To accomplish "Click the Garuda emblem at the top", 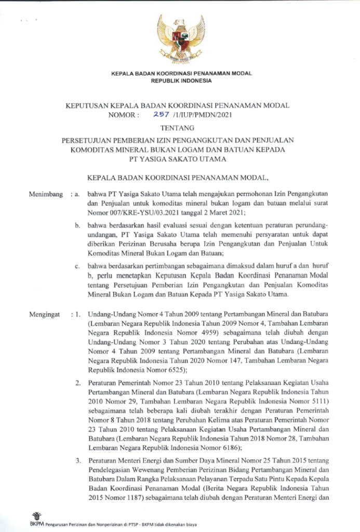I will click(181, 39).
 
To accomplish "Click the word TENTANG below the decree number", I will click(181, 127).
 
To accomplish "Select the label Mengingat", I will click(44, 314).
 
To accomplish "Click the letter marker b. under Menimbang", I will click(77, 225).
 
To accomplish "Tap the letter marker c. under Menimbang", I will click(77, 267).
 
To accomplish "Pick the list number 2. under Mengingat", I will click(77, 383).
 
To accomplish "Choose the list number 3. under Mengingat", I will click(77, 461).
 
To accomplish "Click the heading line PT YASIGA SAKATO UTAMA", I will click(181, 158).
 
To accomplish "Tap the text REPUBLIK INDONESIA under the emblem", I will click(181, 81).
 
